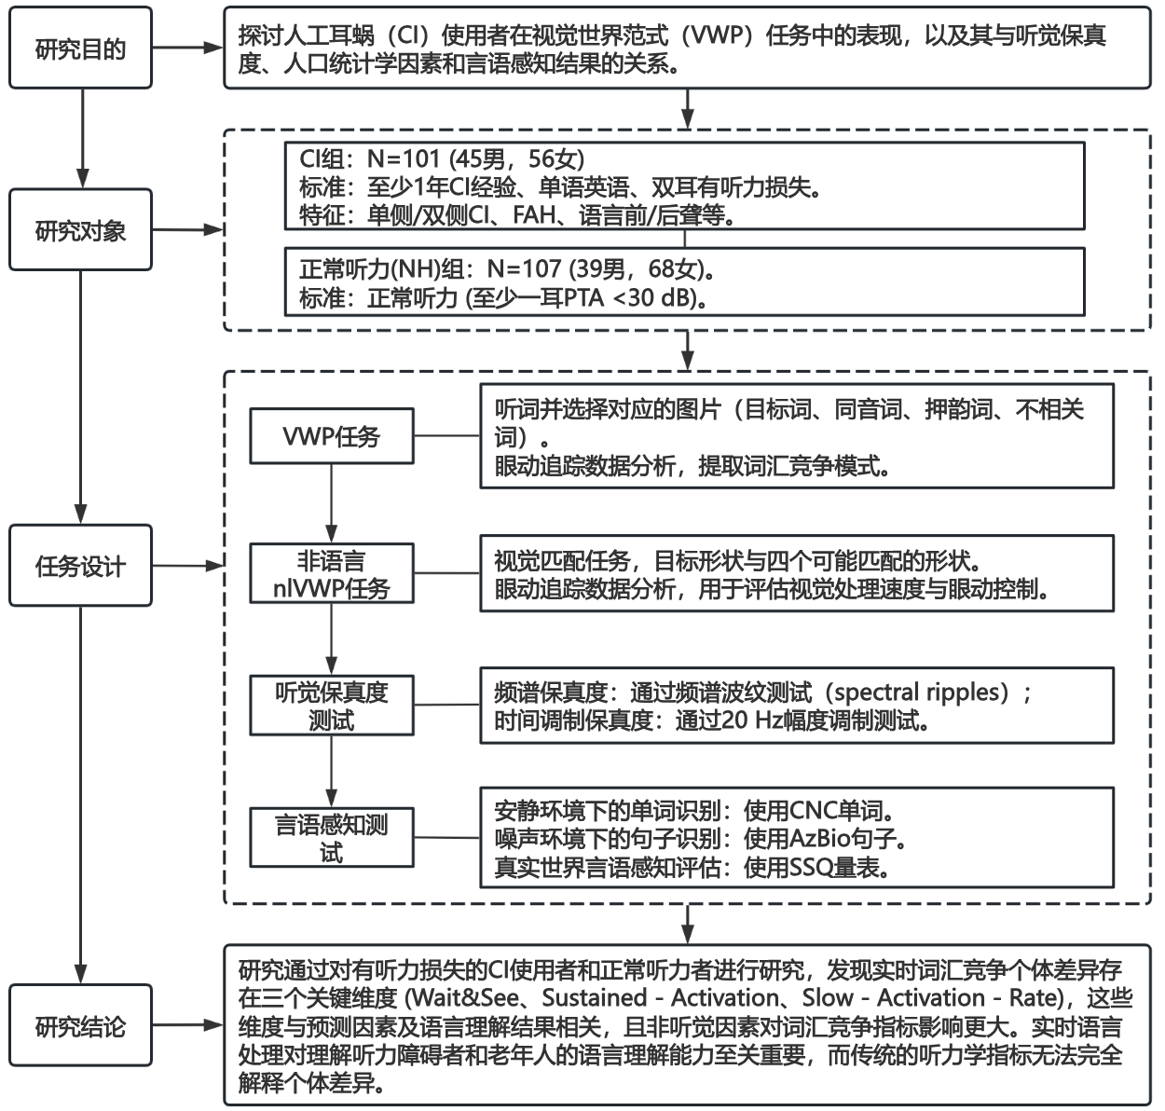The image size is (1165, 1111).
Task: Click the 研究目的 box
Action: point(80,49)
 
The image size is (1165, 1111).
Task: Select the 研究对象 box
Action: point(80,230)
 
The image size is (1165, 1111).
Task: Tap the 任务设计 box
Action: point(80,566)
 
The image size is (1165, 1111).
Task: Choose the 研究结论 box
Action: point(80,1026)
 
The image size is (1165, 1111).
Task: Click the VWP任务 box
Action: point(331,436)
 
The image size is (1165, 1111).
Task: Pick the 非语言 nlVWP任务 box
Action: point(331,575)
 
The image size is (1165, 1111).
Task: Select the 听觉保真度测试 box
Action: point(331,706)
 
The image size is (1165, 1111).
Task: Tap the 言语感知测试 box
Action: point(331,838)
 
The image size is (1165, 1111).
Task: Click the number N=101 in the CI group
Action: point(403,159)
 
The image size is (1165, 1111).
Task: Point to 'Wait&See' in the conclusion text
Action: point(466,997)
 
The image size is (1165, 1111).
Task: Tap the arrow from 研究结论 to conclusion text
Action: point(187,1026)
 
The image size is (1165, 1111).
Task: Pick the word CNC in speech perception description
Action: point(815,810)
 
